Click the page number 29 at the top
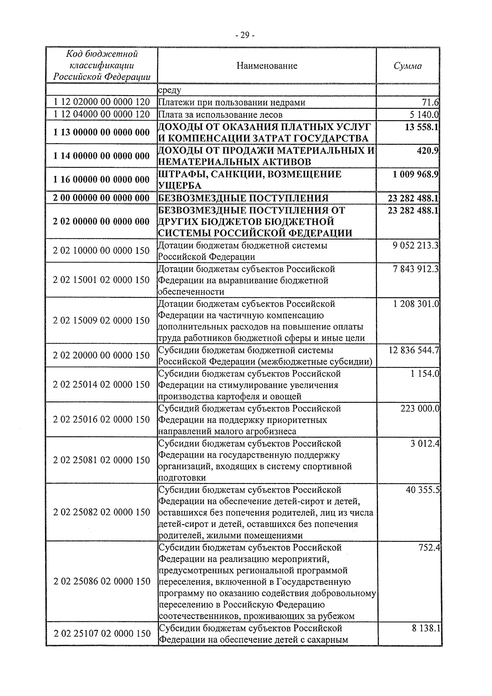(245, 35)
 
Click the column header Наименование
(267, 66)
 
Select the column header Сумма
(408, 66)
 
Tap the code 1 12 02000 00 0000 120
(101, 102)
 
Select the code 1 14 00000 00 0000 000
(101, 156)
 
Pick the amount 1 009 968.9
(415, 174)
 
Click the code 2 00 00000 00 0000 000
(101, 198)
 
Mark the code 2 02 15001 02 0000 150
(101, 280)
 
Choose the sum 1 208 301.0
(416, 304)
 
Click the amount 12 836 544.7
(414, 350)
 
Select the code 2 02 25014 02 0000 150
(101, 385)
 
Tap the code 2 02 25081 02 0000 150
(101, 460)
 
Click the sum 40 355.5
(423, 490)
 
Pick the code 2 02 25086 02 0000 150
(101, 582)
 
